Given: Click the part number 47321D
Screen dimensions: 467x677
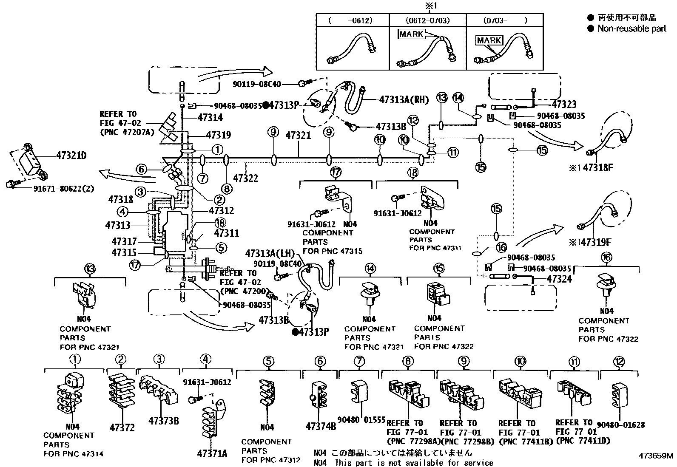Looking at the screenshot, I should point(71,156).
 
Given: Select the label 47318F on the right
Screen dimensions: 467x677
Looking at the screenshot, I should point(597,168).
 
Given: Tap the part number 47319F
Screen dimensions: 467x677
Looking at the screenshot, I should point(596,242).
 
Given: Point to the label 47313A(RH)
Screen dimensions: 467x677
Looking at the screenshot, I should point(404,99).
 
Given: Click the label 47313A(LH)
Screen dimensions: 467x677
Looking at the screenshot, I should point(270,254).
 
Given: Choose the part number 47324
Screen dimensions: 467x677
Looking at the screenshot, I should point(559,279).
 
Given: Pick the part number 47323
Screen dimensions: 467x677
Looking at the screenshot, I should point(564,105).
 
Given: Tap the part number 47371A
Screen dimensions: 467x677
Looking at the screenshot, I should point(212,453).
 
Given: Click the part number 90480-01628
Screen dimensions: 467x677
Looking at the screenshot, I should point(620,425).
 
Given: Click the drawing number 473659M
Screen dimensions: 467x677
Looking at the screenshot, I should point(655,456).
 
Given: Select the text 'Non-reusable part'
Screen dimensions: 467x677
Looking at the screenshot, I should point(632,28).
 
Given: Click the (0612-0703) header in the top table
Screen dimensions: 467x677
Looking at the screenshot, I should point(428,20).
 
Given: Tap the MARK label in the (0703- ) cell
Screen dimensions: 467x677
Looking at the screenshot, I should point(489,40).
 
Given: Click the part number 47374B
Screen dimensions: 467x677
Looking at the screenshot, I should point(321,426).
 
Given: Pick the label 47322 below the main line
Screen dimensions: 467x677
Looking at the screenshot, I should point(245,178).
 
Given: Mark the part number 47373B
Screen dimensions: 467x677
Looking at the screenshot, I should point(163,421).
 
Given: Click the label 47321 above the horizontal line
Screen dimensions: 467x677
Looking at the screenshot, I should point(298,136).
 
